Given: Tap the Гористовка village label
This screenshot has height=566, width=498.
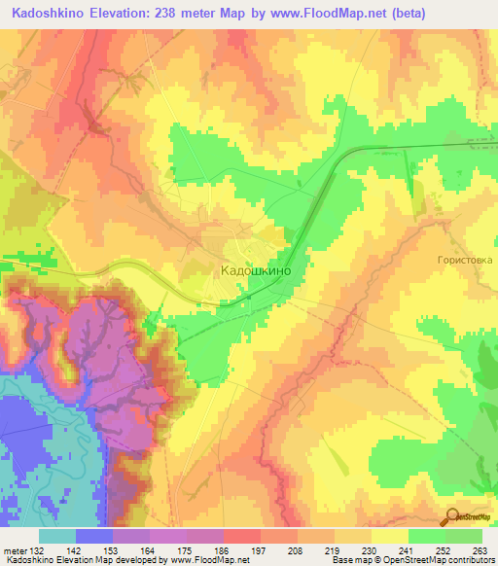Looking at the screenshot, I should coord(465,261).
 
